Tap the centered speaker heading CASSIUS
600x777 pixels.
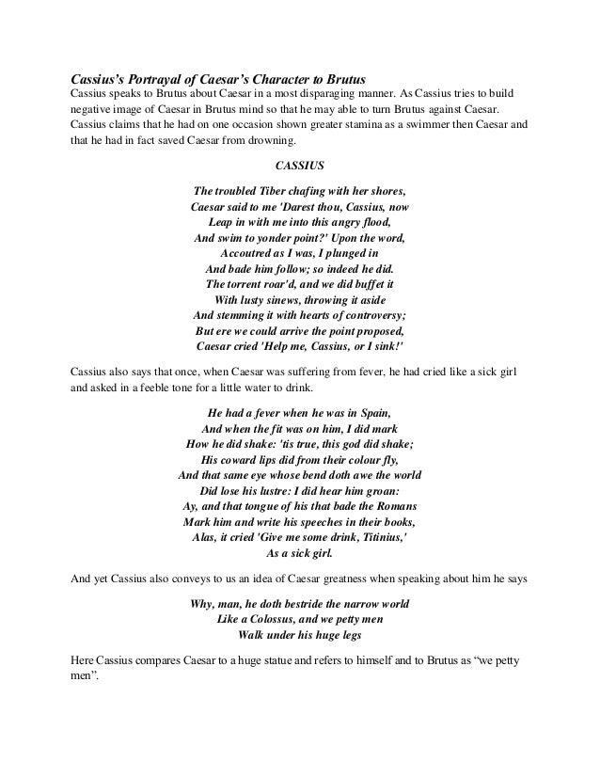click(299, 166)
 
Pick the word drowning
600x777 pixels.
click(269, 143)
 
